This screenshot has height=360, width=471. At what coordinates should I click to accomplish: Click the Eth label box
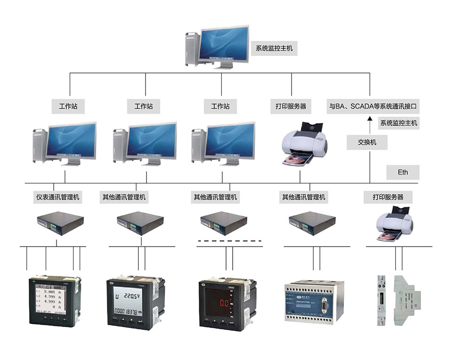pyautogui.click(x=403, y=172)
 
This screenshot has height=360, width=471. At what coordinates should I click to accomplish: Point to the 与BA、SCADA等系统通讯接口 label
pyautogui.click(x=373, y=106)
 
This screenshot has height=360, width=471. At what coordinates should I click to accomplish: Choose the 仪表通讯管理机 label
pyautogui.click(x=58, y=197)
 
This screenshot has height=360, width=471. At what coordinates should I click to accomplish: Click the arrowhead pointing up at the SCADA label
pyautogui.click(x=370, y=120)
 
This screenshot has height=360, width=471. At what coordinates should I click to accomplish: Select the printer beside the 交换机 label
pyautogui.click(x=303, y=144)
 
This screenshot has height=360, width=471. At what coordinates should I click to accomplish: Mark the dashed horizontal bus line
pyautogui.click(x=229, y=241)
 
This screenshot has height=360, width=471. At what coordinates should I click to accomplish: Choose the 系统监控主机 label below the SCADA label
pyautogui.click(x=398, y=123)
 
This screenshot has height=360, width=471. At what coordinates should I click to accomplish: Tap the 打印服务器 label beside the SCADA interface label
pyautogui.click(x=291, y=106)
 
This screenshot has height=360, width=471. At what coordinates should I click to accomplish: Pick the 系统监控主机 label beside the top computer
pyautogui.click(x=274, y=48)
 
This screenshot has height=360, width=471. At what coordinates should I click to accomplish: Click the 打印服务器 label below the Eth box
pyautogui.click(x=384, y=197)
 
